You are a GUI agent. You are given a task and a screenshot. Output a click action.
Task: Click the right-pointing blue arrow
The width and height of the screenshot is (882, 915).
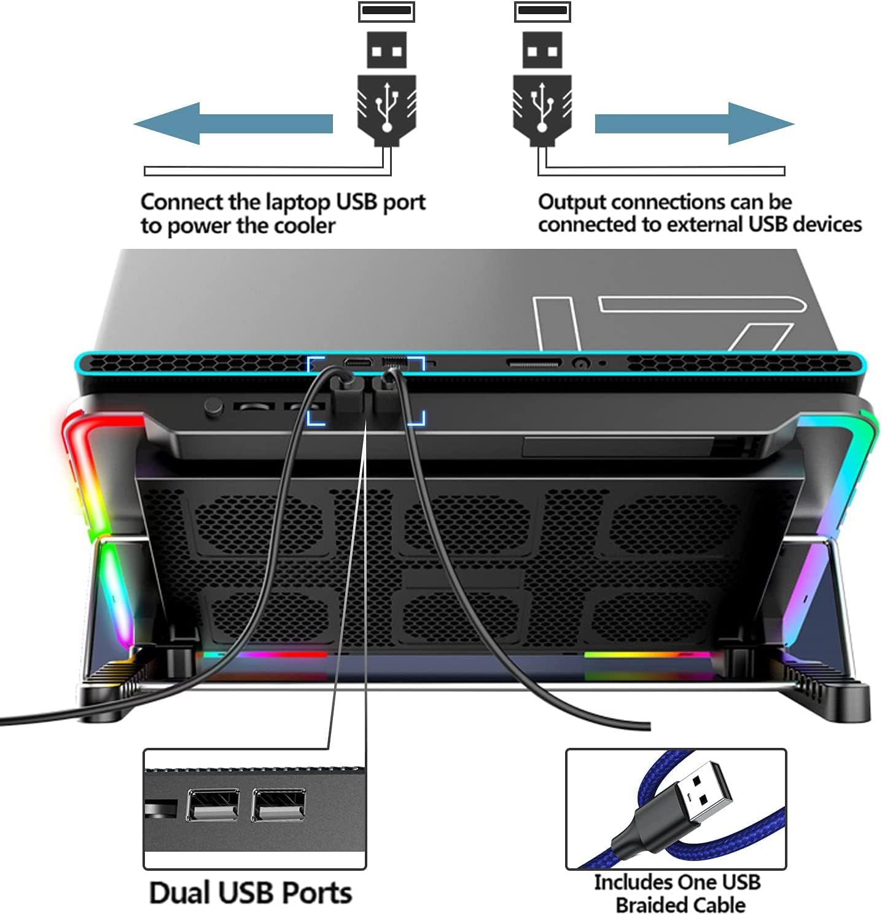[x=694, y=124]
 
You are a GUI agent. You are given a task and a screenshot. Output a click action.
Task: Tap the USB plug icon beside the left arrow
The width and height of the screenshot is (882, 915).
[x=386, y=77]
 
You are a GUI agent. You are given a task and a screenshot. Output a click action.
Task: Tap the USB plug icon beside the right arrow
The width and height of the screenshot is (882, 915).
[x=542, y=77]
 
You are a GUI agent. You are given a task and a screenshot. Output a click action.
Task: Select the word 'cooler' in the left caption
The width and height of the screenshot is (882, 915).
[x=305, y=226]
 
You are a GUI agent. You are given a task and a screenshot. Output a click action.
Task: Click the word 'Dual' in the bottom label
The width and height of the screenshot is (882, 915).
[x=180, y=892]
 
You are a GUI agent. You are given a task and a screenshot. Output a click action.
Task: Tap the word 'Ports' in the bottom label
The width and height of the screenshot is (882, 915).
[x=320, y=892]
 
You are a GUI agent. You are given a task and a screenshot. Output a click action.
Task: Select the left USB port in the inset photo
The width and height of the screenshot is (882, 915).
[x=213, y=804]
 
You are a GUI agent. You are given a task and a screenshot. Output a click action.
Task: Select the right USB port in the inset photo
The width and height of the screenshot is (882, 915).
[x=278, y=804]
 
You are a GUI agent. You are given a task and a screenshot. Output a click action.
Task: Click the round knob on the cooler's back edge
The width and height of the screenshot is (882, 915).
[x=213, y=407]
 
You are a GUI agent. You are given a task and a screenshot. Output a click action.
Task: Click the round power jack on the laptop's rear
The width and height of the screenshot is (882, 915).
[x=581, y=363]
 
